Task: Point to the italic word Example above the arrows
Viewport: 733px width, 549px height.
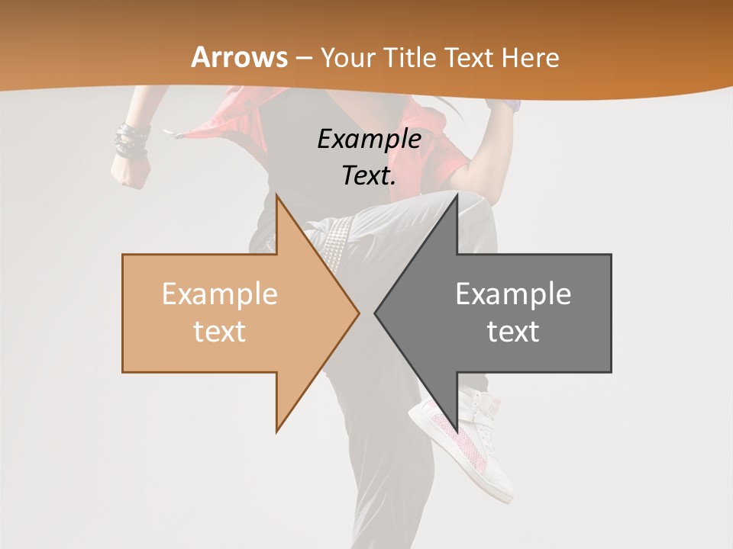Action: coord(370,139)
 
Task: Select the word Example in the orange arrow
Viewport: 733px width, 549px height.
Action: coord(220,294)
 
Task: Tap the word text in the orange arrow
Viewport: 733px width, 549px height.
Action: coord(220,332)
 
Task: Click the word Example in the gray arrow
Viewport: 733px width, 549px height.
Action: coord(513,294)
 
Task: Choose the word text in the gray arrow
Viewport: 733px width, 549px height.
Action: coord(513,332)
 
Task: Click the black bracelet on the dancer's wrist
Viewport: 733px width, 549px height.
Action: coord(131,142)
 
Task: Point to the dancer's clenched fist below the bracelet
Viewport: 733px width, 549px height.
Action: coord(130,172)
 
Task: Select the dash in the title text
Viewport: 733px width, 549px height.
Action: coord(304,58)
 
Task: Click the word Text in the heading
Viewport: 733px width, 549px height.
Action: coord(469,57)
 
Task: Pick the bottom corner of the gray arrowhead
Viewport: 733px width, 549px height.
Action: coord(457,431)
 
